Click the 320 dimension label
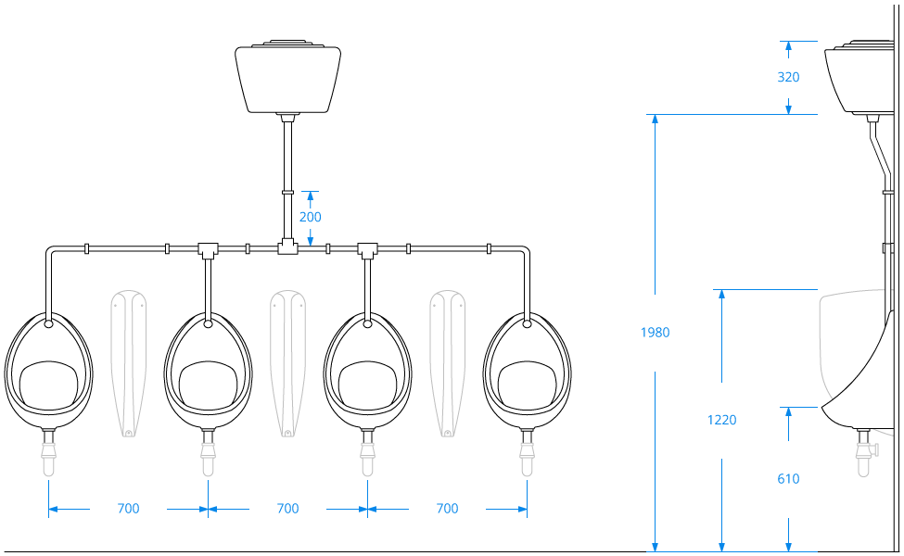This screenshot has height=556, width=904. (788, 77)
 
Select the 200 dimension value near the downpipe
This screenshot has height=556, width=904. (310, 217)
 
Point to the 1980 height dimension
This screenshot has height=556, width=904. (655, 333)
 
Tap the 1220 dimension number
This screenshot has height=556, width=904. (721, 420)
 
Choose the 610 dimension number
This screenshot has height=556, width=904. (788, 479)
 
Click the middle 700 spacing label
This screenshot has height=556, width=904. (287, 509)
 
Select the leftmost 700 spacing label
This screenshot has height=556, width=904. (128, 509)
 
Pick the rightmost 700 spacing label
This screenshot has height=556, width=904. (447, 509)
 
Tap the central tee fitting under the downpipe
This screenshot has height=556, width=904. (287, 247)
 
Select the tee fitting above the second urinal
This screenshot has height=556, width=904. (208, 248)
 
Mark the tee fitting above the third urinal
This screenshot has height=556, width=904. (367, 248)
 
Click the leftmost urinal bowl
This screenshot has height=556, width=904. (48, 371)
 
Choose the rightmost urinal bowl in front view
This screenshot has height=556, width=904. (527, 371)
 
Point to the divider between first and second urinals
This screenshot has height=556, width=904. (129, 361)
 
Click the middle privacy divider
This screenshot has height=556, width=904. (287, 361)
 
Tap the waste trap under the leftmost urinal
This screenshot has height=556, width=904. (48, 454)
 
